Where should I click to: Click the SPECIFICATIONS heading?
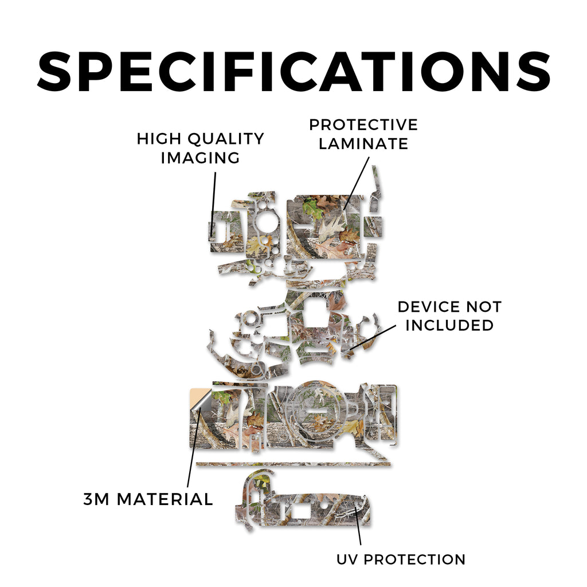293,72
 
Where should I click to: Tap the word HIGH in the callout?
159,139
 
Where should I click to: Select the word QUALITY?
226,139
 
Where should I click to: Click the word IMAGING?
200,158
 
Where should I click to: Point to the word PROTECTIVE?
363,125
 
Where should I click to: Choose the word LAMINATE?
363,144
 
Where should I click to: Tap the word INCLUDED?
449,326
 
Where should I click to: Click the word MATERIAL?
165,499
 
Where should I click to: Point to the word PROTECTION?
415,559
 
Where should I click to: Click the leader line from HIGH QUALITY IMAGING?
213,205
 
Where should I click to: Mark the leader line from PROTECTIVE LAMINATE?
356,183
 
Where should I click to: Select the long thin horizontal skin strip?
293,464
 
